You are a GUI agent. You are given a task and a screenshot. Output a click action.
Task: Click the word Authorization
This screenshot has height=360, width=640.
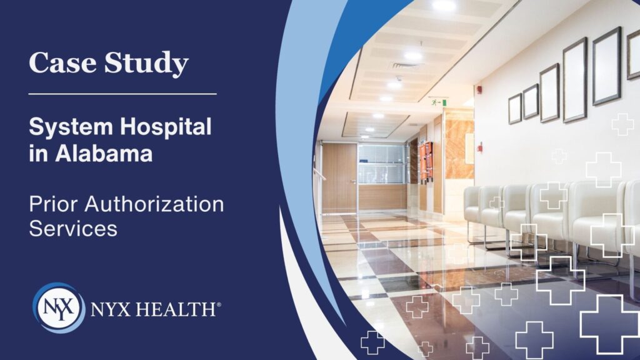tap(151, 204)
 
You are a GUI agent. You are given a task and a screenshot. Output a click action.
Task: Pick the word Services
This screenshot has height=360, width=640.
tap(73, 228)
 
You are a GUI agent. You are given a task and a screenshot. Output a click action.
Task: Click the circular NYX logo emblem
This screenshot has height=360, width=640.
tap(57, 307)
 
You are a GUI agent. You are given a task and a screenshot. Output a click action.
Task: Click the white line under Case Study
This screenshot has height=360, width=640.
tap(122, 94)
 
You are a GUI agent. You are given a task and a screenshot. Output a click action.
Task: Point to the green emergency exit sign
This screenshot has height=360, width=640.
tap(439, 101)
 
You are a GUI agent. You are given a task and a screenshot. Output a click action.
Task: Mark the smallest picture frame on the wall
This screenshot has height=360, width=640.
tap(515, 109)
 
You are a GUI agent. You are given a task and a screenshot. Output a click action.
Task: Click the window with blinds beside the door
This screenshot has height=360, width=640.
tap(382, 164)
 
